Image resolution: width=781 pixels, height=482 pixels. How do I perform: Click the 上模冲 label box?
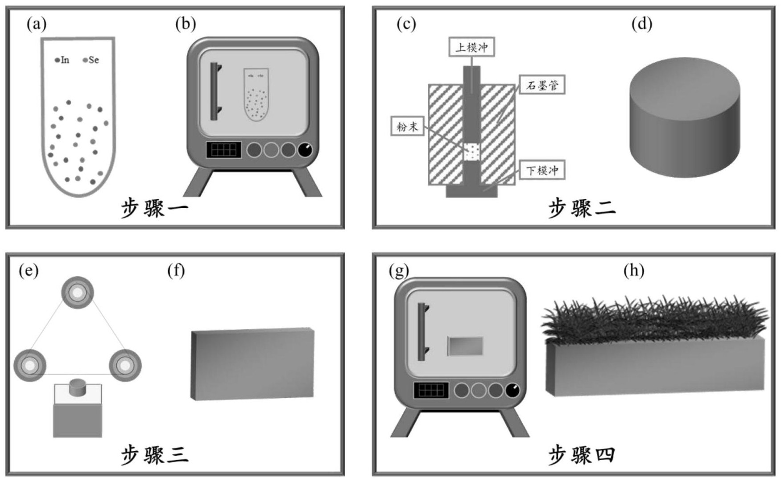click(471, 47)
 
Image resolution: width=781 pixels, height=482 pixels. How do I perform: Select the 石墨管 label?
click(542, 85)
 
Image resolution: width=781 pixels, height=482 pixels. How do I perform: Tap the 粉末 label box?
click(407, 127)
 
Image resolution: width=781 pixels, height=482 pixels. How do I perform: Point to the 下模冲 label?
click(542, 170)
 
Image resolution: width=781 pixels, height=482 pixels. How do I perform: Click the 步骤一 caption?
click(154, 208)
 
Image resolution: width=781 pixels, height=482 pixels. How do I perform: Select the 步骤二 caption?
click(582, 208)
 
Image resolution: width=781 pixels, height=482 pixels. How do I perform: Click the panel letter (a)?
click(36, 24)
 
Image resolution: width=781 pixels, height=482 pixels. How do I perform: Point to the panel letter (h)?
click(634, 271)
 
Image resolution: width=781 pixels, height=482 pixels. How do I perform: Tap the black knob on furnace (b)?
click(305, 150)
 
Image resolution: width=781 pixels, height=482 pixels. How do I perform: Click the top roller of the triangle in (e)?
click(77, 293)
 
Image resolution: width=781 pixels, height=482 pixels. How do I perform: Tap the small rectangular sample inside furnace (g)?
click(465, 346)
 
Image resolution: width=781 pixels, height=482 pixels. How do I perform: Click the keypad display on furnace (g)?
click(430, 391)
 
